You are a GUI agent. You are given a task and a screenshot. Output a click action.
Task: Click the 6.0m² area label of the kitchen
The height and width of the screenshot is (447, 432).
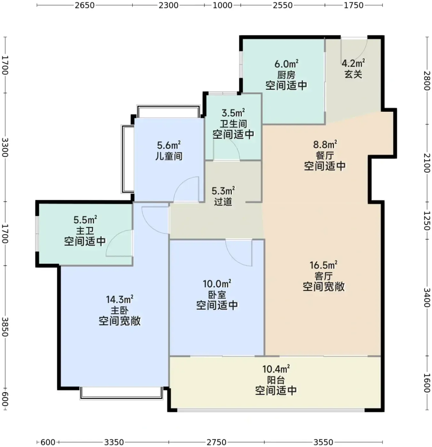coord(286,64)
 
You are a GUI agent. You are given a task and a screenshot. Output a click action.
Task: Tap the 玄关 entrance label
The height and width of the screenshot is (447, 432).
coord(353,74)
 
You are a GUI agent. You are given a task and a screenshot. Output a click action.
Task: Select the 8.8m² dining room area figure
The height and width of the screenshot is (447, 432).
coord(325,145)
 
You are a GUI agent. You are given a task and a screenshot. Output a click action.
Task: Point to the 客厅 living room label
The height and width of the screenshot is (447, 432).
coord(323,276)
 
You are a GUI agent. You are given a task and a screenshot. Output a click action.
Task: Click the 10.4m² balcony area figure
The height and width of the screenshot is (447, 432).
coord(276,369)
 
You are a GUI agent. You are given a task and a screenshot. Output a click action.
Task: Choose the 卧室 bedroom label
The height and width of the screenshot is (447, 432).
coord(217,295)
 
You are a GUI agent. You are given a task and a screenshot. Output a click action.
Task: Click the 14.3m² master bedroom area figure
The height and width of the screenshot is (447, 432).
coord(119,299)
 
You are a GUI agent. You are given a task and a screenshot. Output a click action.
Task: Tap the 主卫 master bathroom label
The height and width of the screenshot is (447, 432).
coord(85,231)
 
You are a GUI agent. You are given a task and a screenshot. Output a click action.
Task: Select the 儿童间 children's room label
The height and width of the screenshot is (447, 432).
coord(169,156)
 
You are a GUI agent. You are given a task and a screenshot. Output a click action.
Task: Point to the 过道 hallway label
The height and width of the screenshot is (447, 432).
coord(223,201)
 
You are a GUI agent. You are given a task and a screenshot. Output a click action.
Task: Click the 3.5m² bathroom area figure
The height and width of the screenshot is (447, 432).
coord(233,113)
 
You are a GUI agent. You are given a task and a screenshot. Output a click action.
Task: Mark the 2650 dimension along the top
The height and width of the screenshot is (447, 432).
coord(85,5)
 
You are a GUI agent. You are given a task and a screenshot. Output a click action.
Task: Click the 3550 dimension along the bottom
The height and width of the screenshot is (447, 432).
coord(323,442)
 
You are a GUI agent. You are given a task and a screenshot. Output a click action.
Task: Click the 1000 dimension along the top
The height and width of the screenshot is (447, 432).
coord(222,5)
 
